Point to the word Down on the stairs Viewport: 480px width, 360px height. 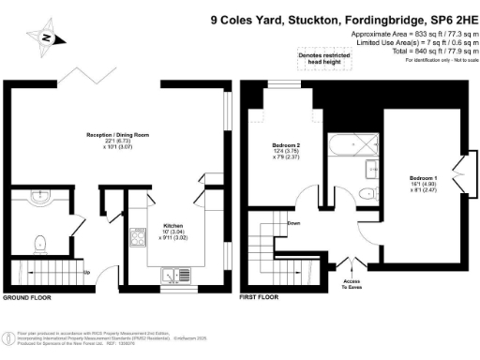(x=293, y=223)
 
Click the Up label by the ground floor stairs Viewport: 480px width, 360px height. (x=87, y=273)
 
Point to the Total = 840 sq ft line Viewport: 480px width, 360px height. (x=433, y=51)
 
